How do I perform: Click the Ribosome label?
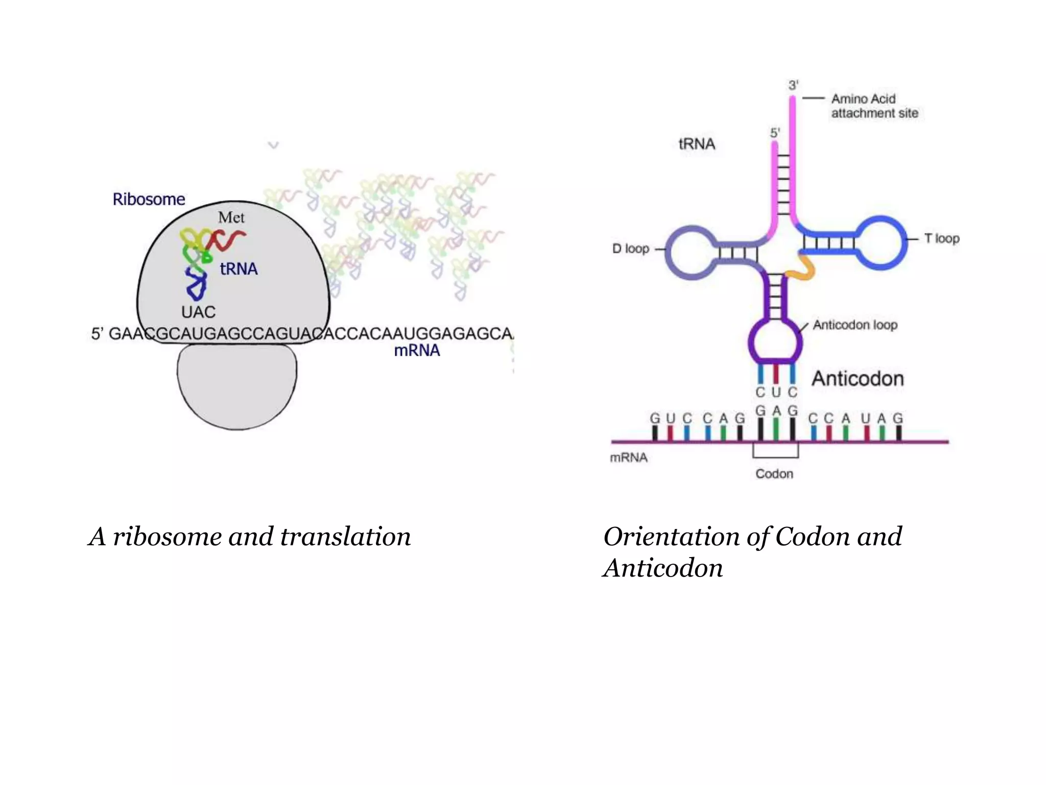point(149,199)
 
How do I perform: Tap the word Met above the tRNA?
point(231,218)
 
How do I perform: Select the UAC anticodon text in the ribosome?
point(198,312)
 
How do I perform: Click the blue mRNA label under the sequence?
point(417,351)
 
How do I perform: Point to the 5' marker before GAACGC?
point(97,334)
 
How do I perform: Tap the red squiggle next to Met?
point(227,239)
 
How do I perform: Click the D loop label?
point(630,249)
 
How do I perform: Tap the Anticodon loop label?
point(854,325)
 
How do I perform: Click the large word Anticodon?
point(858,379)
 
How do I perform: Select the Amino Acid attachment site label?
point(874,106)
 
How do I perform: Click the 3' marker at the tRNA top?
point(793,85)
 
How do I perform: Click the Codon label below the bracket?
point(774,474)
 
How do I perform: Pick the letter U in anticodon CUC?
point(776,392)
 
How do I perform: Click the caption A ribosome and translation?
point(249,537)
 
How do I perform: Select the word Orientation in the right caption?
point(671,537)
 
